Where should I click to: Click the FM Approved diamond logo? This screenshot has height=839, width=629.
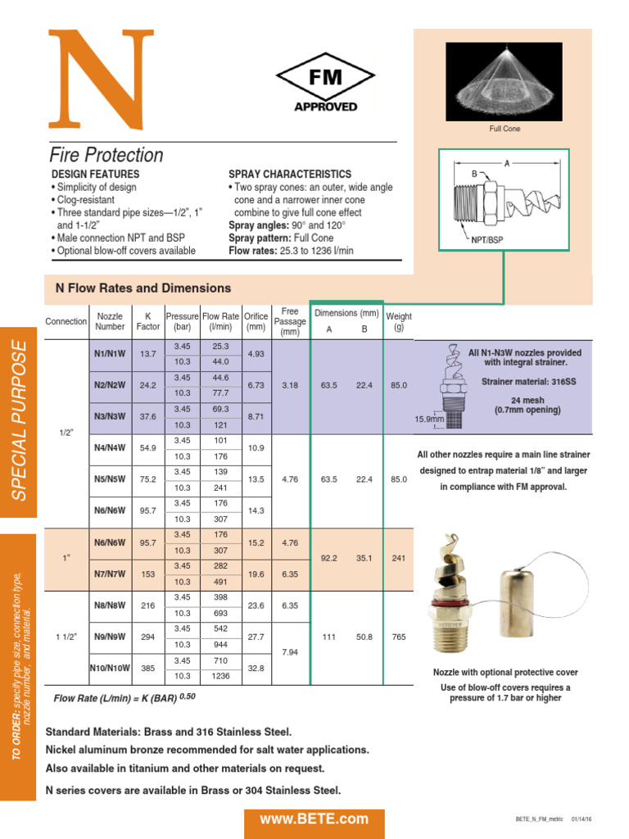tap(325, 83)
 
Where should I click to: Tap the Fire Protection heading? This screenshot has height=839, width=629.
tap(106, 155)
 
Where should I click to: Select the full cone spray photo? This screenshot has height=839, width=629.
tap(504, 81)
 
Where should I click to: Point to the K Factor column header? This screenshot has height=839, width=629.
tap(147, 321)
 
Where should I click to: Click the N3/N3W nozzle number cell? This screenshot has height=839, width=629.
tap(110, 416)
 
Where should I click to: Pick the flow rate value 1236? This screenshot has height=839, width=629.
tap(221, 676)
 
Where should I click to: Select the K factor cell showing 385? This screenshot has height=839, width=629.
tap(147, 668)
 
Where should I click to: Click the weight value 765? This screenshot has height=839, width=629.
tap(398, 637)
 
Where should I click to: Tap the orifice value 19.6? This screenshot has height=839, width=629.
tap(256, 574)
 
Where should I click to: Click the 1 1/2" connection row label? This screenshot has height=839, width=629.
tap(64, 637)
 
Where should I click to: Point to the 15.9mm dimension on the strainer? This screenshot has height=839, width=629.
tap(428, 419)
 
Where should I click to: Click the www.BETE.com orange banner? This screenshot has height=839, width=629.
tap(314, 819)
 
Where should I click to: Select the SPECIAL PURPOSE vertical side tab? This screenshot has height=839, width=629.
tap(19, 419)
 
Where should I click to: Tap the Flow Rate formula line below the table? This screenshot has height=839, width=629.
tap(124, 697)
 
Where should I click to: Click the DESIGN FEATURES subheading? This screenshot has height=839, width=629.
tap(95, 175)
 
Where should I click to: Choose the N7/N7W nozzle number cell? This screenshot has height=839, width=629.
tap(110, 574)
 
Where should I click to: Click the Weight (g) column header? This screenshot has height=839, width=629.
tap(399, 321)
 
